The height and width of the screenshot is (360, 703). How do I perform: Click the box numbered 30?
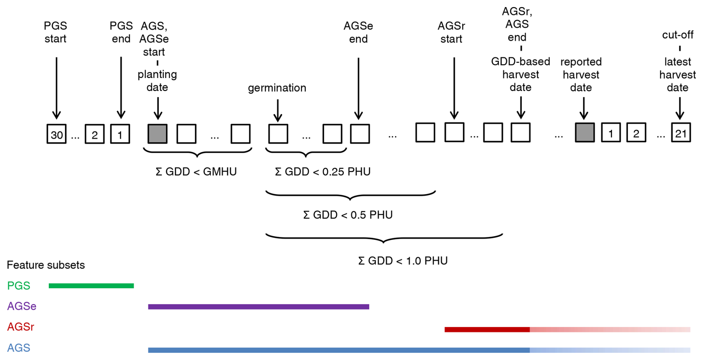point(56,134)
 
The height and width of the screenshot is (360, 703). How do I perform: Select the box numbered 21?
point(681,133)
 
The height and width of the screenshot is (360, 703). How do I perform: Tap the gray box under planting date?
point(158,134)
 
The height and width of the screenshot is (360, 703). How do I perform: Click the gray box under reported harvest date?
point(584,133)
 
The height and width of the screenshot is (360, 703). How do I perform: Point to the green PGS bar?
point(91,286)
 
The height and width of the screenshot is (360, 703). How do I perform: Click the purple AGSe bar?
point(259,307)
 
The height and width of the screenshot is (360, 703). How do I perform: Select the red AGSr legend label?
point(21,327)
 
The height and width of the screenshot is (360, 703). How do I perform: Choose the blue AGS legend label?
point(19,348)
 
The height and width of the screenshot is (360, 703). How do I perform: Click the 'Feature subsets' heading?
point(46,265)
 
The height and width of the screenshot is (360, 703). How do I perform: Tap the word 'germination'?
point(277,88)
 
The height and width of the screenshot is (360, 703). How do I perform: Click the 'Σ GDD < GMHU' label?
point(196,172)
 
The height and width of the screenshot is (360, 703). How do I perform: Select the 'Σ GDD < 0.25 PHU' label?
point(323,172)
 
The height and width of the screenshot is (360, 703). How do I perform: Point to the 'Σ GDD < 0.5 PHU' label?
point(348,215)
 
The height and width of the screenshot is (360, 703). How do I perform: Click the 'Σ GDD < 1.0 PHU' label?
point(403,261)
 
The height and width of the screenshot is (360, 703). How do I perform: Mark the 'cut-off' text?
point(678,35)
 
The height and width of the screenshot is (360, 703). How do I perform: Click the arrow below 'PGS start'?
point(56,88)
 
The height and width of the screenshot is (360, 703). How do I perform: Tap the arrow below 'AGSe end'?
point(359,88)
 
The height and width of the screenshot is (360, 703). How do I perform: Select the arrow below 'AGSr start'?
point(454,88)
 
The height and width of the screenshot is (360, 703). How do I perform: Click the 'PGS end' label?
point(121,32)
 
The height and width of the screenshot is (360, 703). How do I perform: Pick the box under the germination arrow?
point(278,134)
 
